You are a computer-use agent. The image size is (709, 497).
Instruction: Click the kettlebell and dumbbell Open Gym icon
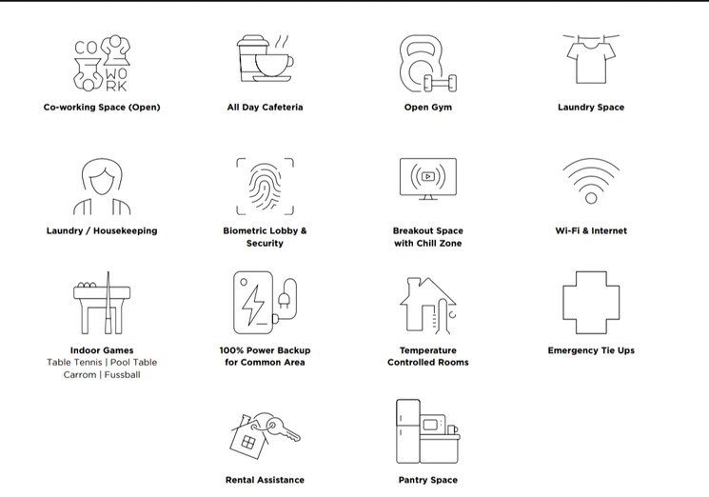(427, 64)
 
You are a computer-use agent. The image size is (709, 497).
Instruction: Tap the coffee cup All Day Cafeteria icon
(265, 59)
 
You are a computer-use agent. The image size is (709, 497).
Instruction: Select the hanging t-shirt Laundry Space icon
(591, 59)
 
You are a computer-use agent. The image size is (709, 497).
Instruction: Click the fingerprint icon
(265, 187)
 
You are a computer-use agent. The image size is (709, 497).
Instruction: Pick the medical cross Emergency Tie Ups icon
(563, 303)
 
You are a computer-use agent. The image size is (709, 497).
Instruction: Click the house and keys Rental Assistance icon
(265, 435)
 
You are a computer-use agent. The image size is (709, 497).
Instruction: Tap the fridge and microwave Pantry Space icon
(427, 431)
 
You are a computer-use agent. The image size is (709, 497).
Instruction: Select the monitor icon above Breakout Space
(427, 179)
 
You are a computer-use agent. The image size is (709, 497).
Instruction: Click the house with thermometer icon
(427, 306)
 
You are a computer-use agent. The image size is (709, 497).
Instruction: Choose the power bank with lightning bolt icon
(265, 303)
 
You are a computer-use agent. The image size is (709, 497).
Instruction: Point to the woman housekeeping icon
(102, 187)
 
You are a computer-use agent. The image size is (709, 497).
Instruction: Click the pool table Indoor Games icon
(102, 303)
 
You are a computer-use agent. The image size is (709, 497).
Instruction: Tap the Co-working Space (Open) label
(102, 108)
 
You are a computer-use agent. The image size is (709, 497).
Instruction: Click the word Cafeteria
(283, 108)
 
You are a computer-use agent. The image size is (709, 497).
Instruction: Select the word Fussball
(122, 375)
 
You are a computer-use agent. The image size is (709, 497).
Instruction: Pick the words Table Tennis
(74, 362)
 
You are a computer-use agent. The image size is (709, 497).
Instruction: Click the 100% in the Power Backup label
(232, 350)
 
